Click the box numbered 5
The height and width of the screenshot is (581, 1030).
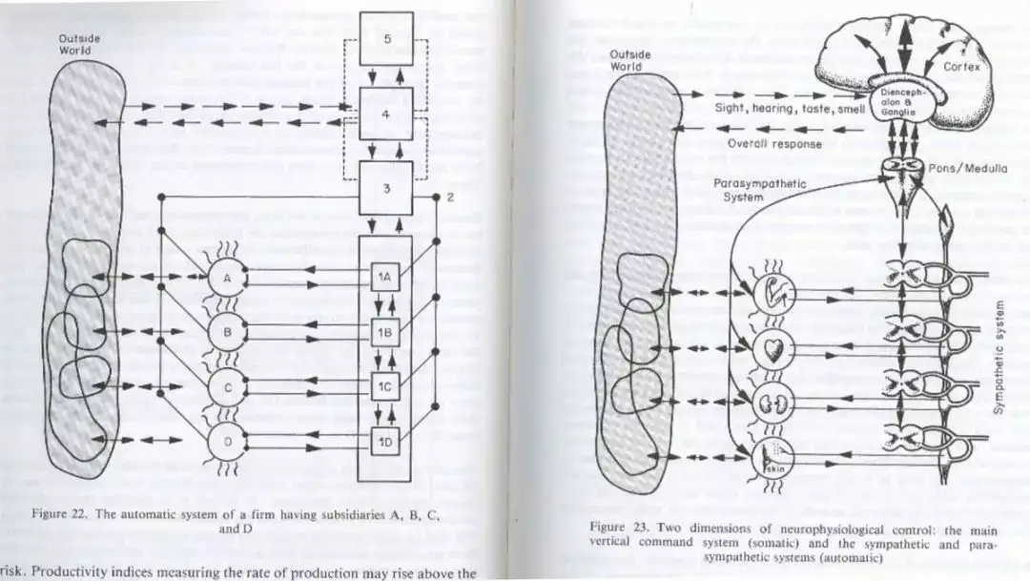(387, 39)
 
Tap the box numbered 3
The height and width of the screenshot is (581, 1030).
(387, 188)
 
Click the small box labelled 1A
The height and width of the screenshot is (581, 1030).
(382, 278)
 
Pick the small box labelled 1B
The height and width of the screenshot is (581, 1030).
(382, 333)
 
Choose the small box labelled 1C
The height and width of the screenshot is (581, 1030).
(382, 387)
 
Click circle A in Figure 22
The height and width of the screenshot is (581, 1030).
(227, 278)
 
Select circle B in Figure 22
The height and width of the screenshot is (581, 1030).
(227, 332)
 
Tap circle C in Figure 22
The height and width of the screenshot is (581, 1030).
(227, 387)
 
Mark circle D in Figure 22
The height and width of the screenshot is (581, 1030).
(227, 442)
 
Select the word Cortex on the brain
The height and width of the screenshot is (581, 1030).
(960, 68)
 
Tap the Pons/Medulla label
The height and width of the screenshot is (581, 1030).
(968, 169)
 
